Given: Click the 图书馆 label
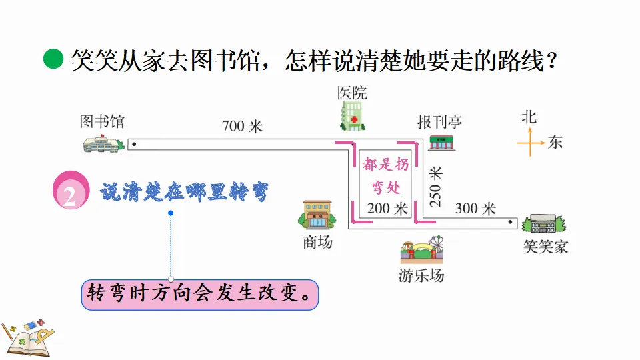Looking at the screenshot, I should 102,122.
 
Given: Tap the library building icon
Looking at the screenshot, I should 103,143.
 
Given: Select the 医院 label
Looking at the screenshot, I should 352,93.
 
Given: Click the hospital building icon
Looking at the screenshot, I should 352,115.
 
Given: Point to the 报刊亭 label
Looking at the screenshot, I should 439,122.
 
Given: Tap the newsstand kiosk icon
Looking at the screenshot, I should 441,142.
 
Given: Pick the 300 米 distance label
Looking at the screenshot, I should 475,209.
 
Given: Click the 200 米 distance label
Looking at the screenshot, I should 387,209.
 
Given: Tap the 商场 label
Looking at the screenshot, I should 317,243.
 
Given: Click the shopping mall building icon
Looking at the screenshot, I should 317,215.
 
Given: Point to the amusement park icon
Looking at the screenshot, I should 421,251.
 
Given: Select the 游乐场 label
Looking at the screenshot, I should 421,276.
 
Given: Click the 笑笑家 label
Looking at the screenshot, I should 545,247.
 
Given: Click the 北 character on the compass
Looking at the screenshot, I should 529,117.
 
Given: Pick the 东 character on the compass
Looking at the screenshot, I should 555,142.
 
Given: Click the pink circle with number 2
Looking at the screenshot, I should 71,192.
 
